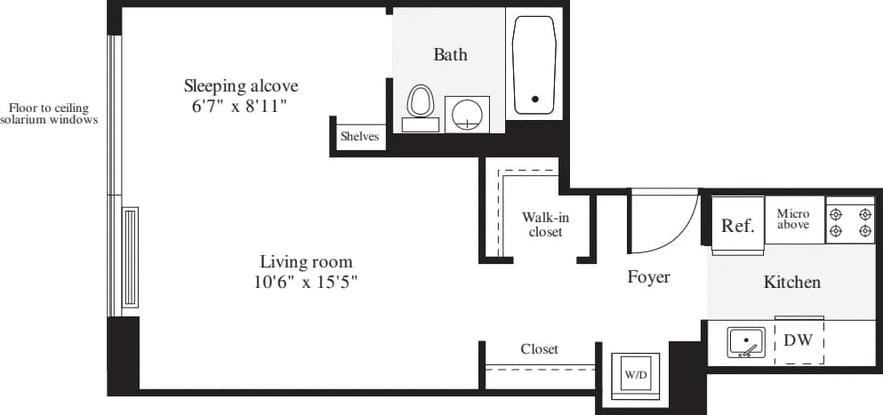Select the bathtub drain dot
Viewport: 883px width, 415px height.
[x=534, y=99]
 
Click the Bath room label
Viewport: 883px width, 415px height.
[x=450, y=55]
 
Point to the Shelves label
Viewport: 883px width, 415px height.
[x=359, y=137]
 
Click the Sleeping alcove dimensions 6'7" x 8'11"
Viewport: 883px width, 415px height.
[x=241, y=106]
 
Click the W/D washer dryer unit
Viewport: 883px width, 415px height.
[x=636, y=375]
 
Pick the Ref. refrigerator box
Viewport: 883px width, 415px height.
[x=737, y=226]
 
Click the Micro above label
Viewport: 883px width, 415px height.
[x=792, y=219]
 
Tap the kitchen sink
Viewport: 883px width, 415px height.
[x=746, y=342]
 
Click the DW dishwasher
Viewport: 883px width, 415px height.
[x=799, y=340]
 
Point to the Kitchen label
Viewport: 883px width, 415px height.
[x=791, y=283]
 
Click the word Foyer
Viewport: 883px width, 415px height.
[x=648, y=277]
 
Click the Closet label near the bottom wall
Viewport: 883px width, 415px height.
[x=539, y=349]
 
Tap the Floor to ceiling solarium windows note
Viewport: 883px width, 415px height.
[x=49, y=114]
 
